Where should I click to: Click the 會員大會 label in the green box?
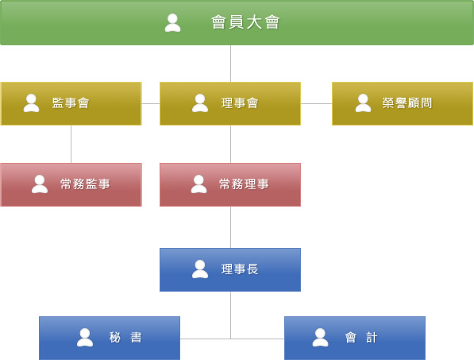point(245,22)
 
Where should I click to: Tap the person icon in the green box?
point(172,23)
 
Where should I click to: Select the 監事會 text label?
point(71,103)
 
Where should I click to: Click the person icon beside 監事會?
point(32,103)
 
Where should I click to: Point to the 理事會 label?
point(240,103)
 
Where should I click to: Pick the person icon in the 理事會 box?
point(200,103)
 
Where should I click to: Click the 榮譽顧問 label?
point(407,103)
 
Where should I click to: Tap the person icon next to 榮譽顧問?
point(363,103)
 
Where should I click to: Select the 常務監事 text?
point(85,184)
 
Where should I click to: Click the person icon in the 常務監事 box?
point(40,184)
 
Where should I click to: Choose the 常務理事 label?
point(244,184)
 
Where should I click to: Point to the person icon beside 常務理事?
point(199,184)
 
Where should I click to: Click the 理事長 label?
point(240,269)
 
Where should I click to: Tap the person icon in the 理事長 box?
point(200,269)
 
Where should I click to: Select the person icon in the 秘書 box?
point(85,338)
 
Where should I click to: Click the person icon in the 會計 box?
point(321,338)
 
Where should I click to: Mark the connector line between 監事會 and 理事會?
point(151,103)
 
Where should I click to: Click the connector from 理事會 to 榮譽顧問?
point(316,103)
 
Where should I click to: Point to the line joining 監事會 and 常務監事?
point(71,144)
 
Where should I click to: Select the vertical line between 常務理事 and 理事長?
point(231,227)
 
